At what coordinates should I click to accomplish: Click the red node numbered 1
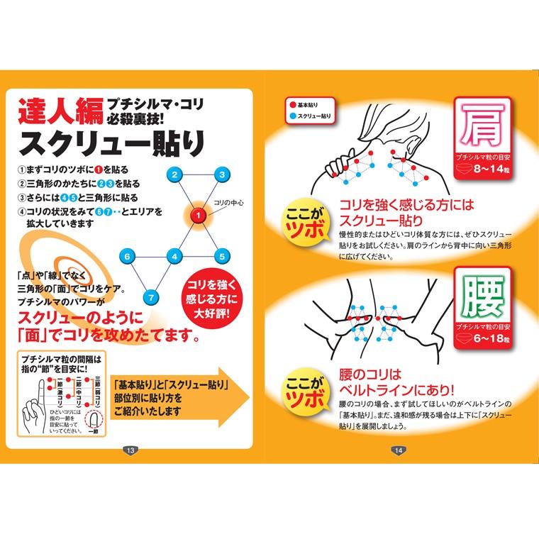[199, 215]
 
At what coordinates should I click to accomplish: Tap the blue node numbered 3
[222, 174]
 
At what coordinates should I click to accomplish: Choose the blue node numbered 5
[222, 256]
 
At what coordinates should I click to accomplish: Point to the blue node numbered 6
[128, 256]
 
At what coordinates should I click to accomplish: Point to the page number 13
[130, 450]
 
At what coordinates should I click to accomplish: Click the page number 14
[399, 450]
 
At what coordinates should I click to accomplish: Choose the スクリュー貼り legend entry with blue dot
[311, 115]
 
